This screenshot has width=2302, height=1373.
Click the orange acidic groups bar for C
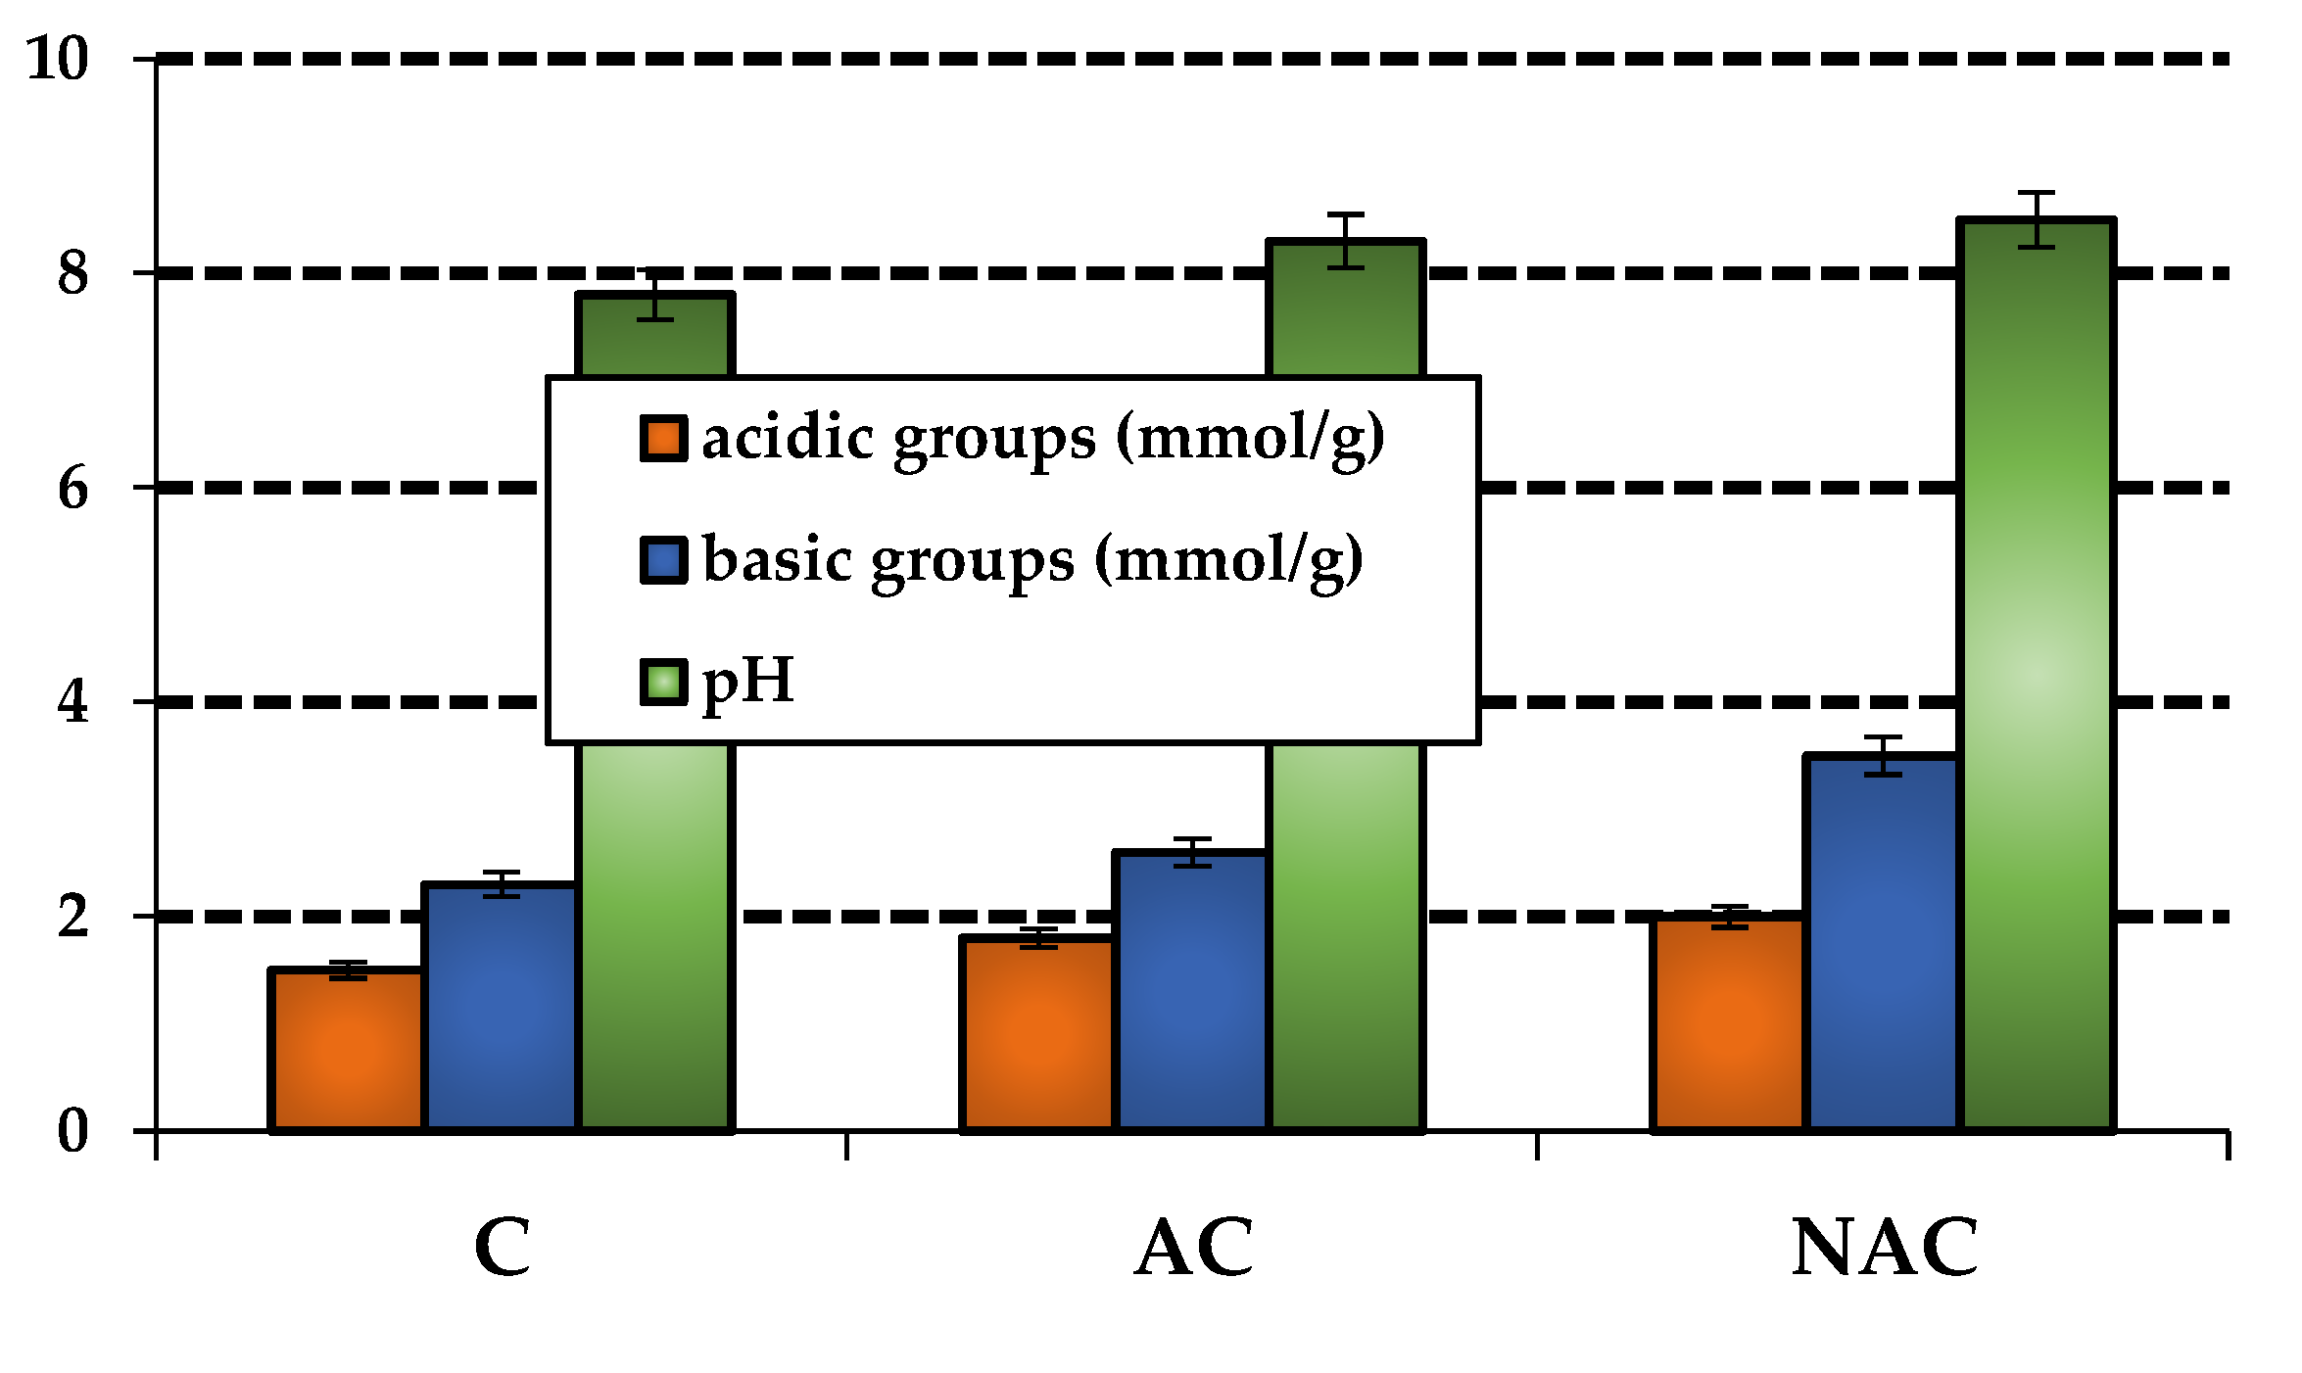[347, 1050]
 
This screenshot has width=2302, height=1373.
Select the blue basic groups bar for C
[501, 1009]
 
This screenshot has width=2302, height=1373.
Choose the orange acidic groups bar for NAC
[1729, 1023]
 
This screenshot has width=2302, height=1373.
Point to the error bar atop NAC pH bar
[2036, 219]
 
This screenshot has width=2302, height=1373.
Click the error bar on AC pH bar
[1346, 240]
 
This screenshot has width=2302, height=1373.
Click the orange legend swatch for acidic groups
[663, 438]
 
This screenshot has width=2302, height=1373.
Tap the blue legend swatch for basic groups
[663, 559]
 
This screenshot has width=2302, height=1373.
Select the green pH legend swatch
[663, 682]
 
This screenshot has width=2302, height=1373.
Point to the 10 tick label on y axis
[57, 58]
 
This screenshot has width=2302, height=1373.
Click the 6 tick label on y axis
[72, 488]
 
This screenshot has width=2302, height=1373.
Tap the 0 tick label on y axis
[72, 1131]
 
